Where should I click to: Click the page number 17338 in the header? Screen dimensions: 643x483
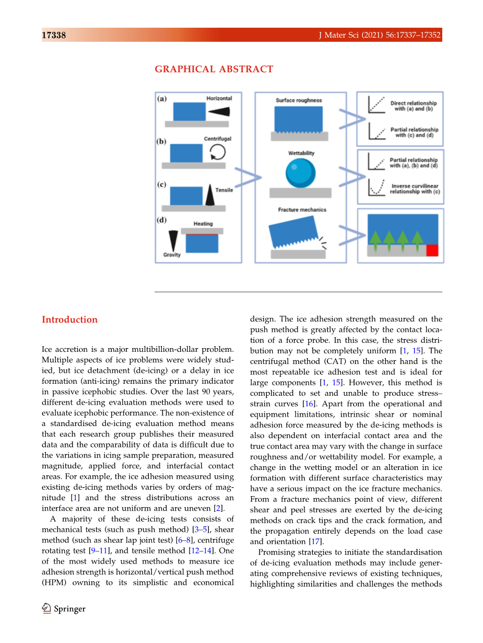[54, 36]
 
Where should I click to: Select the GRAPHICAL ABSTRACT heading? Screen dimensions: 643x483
[214, 69]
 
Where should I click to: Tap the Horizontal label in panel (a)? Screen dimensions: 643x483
[219, 98]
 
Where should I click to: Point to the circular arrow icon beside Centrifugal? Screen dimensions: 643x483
[217, 152]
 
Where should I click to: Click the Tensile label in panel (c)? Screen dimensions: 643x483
[224, 190]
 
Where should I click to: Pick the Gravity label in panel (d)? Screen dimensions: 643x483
[172, 255]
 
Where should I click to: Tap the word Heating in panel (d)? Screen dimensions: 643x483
[203, 224]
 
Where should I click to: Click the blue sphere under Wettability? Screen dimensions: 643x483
[300, 173]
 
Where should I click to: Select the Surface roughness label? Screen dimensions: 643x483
[299, 100]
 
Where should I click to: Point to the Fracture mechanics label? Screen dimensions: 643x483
[302, 210]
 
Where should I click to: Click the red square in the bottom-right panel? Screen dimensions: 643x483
[432, 250]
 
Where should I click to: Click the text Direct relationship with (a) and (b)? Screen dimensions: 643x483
[414, 106]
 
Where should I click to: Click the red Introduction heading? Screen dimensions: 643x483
[69, 319]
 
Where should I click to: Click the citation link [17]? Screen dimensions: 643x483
[315, 542]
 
